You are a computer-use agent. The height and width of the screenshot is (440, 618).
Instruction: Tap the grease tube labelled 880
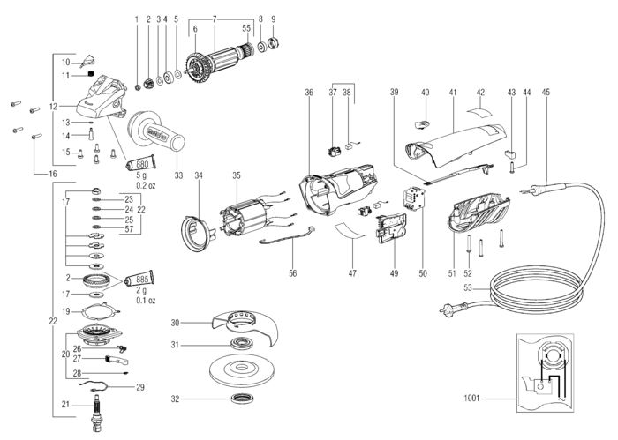139,165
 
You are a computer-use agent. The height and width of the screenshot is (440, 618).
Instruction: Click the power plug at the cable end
448,309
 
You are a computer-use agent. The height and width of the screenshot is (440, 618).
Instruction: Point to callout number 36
309,92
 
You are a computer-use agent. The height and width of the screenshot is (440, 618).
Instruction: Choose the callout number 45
546,92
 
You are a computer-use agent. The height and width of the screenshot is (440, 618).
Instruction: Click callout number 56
293,273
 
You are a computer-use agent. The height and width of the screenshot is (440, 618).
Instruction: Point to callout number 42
481,92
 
